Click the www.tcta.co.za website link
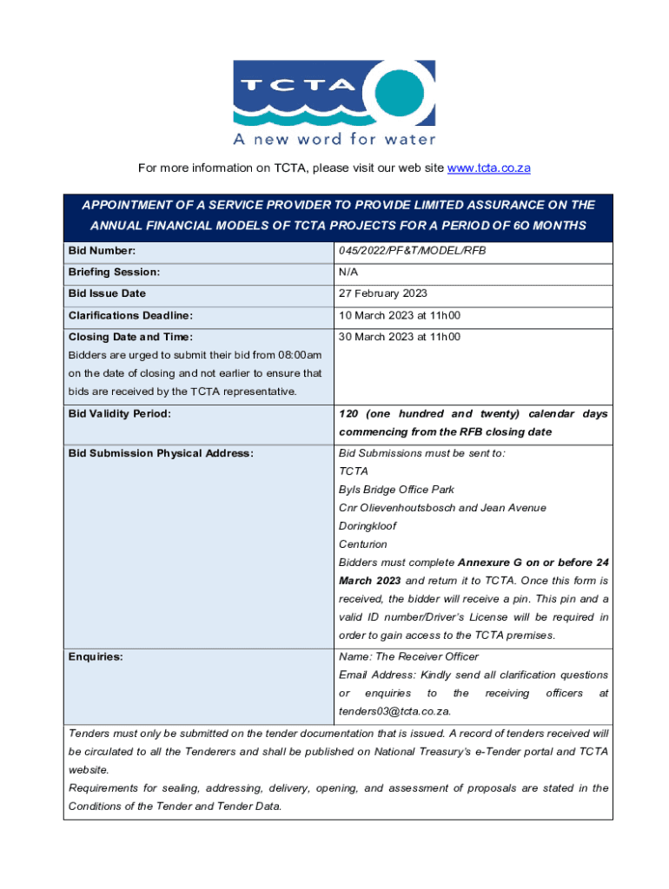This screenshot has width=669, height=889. (x=488, y=168)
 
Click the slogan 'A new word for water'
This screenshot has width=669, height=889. (x=334, y=139)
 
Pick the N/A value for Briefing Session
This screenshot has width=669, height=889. (x=348, y=273)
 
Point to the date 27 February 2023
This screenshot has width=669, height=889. (x=383, y=293)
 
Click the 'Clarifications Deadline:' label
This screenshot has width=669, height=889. (x=130, y=315)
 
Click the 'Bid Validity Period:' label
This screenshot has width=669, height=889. (x=120, y=414)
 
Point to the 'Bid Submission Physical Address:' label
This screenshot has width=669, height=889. (x=161, y=453)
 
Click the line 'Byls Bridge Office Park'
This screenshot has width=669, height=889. (x=396, y=490)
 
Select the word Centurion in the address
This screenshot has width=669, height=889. (x=363, y=544)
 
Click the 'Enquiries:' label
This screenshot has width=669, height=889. (x=96, y=656)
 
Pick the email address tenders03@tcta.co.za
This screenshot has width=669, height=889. (x=394, y=711)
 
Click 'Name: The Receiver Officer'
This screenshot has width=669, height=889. (x=408, y=656)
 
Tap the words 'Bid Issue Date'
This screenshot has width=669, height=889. (x=108, y=293)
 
